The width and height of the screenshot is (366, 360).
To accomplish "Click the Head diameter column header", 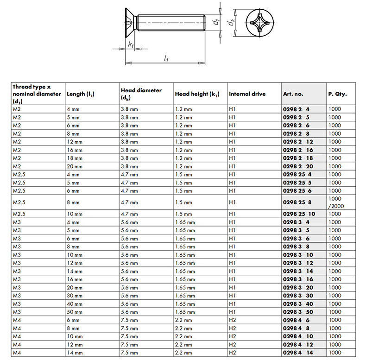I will [x=141, y=94].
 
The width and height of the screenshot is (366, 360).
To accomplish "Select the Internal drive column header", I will [x=247, y=94].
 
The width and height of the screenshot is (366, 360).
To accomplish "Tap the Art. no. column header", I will [x=293, y=94].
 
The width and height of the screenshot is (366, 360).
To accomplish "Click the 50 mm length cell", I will [x=74, y=312].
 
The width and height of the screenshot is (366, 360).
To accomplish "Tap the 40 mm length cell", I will [x=74, y=304].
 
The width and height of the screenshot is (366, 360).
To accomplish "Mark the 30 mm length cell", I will [x=74, y=296].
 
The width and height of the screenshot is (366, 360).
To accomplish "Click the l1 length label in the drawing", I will [x=166, y=58].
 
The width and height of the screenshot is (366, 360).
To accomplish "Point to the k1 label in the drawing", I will [x=131, y=44].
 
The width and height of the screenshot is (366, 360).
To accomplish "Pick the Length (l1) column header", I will [x=81, y=94].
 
